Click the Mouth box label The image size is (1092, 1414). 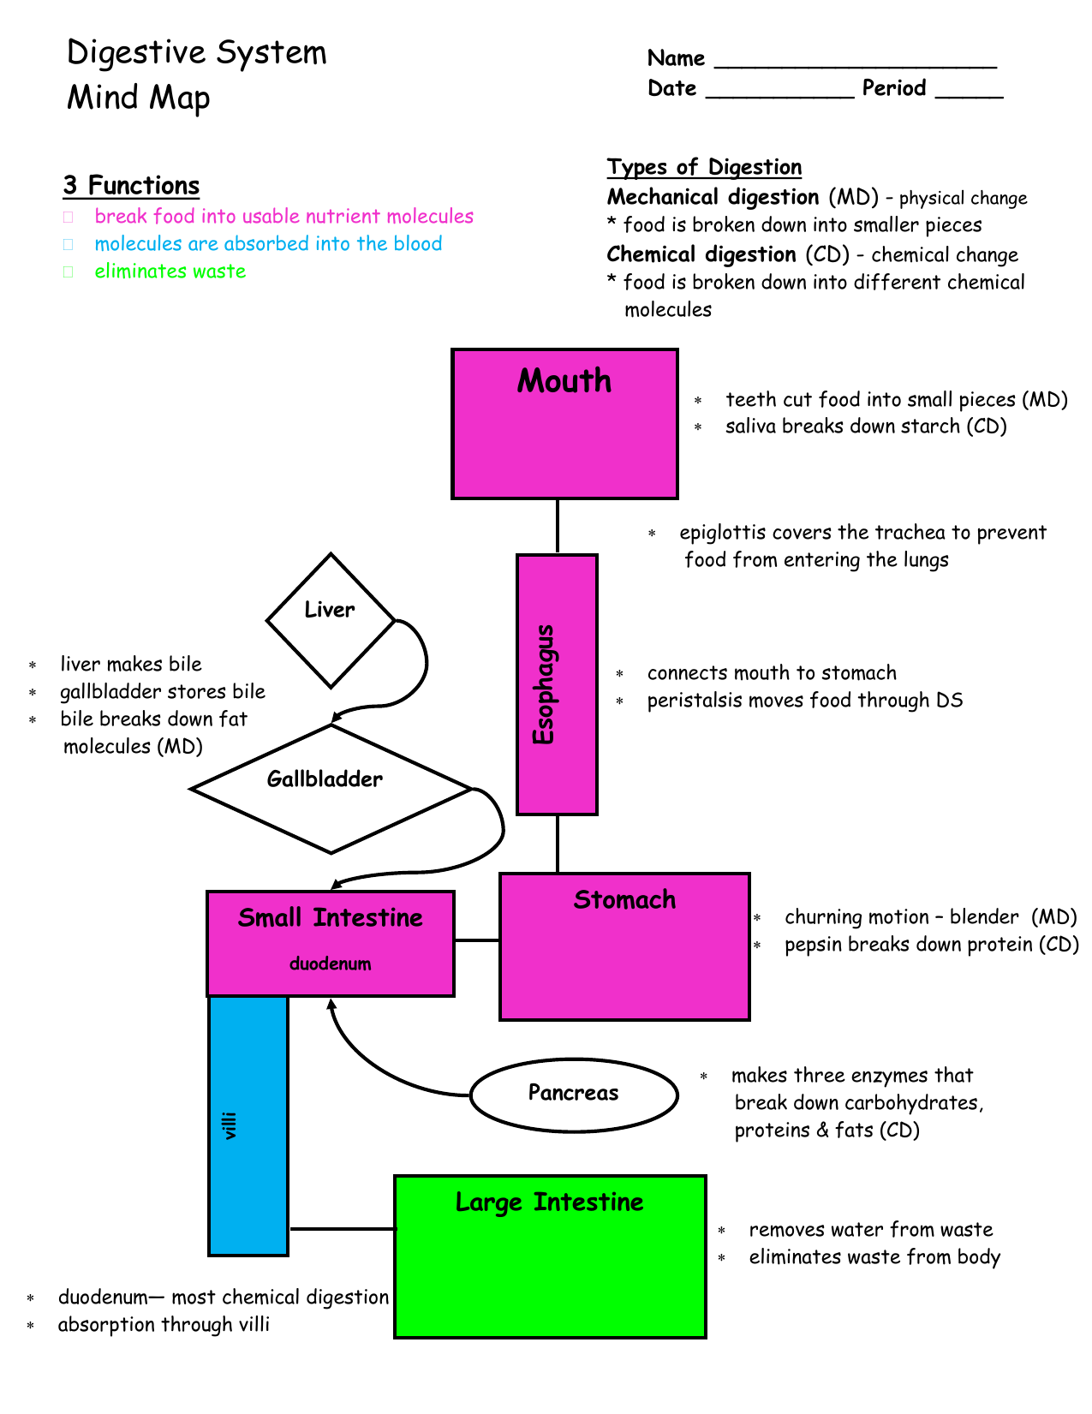point(564,380)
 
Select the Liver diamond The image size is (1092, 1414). point(331,620)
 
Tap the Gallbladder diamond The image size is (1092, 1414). point(331,789)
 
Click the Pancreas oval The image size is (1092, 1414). point(573,1095)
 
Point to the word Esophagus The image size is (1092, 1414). point(543,684)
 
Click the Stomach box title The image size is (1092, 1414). point(624,899)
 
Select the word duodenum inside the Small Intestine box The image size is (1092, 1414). point(330,963)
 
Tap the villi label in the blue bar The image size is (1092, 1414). point(229,1125)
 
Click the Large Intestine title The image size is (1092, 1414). point(549,1202)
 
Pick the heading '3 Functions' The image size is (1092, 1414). point(131,186)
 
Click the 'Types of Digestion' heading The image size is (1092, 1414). point(703,167)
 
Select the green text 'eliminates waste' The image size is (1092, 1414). point(170,271)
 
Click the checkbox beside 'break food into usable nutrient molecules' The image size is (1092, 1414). point(68,217)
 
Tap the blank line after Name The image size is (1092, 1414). point(855,66)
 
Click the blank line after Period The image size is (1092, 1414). point(969,96)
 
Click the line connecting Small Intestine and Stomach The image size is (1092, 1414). point(476,940)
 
